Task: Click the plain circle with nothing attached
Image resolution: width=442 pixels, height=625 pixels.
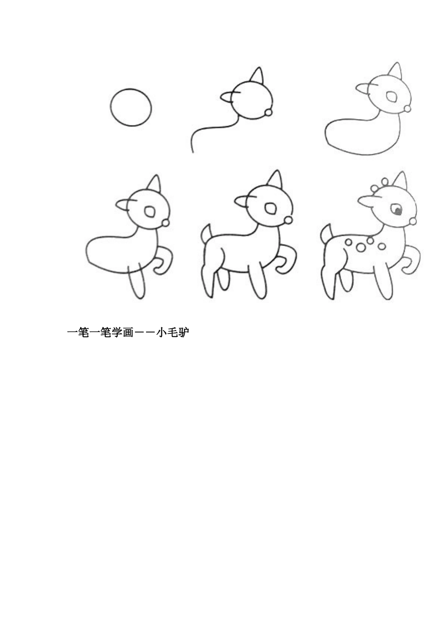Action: [x=131, y=107]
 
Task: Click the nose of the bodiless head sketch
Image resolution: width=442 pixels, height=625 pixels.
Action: [x=268, y=112]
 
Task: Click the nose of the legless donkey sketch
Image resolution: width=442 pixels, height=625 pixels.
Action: [x=408, y=108]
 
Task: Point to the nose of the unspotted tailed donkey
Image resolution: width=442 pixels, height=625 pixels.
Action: [x=288, y=219]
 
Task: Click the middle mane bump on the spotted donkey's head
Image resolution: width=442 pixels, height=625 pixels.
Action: [x=384, y=181]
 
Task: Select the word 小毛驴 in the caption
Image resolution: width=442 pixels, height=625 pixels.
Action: [x=172, y=332]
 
